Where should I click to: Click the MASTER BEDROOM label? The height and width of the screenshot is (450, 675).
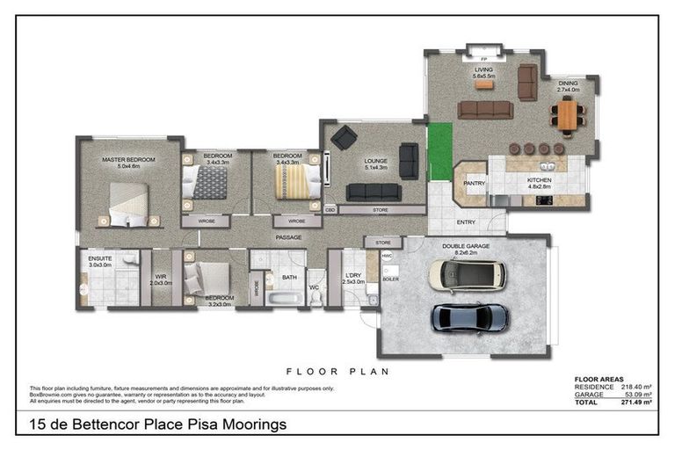click(x=128, y=160)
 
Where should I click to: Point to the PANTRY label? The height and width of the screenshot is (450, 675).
click(x=474, y=183)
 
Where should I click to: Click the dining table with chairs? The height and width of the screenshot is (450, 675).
click(x=569, y=115)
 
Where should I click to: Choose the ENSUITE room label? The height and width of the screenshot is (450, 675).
click(x=100, y=258)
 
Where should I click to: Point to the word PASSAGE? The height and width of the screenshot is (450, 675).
click(x=288, y=238)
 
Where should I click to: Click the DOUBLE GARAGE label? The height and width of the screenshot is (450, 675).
click(x=466, y=246)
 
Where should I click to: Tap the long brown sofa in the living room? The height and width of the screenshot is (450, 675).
click(x=485, y=109)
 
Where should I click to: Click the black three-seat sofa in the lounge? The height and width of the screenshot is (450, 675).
click(x=373, y=192)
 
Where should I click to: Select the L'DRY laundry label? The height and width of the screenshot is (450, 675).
click(x=353, y=276)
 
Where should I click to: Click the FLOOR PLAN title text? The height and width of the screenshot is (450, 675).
click(x=337, y=372)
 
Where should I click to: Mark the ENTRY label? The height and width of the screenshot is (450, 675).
click(x=466, y=222)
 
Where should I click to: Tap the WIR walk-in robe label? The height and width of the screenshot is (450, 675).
click(x=160, y=276)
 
